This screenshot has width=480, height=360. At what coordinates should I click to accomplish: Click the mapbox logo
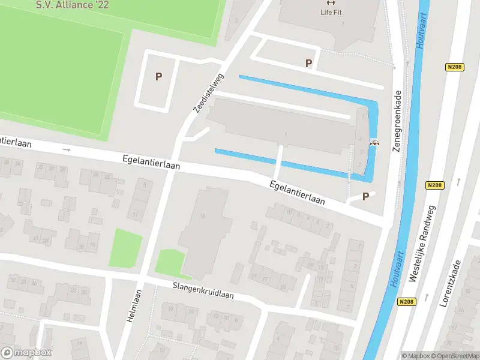26,353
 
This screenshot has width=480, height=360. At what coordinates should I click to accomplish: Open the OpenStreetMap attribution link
457,356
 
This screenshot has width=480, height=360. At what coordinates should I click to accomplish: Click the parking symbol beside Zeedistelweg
159,76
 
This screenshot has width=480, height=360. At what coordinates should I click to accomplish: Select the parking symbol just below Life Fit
309,63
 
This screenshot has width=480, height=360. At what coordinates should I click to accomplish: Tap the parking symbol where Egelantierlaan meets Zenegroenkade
365,196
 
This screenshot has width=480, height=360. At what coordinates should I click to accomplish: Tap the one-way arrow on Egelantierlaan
67,149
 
